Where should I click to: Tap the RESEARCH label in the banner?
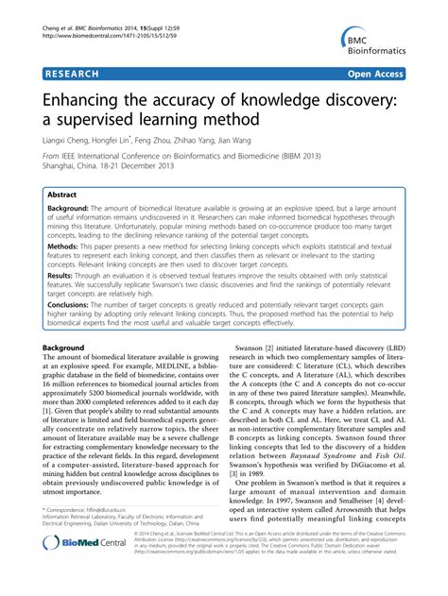point(75,72)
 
